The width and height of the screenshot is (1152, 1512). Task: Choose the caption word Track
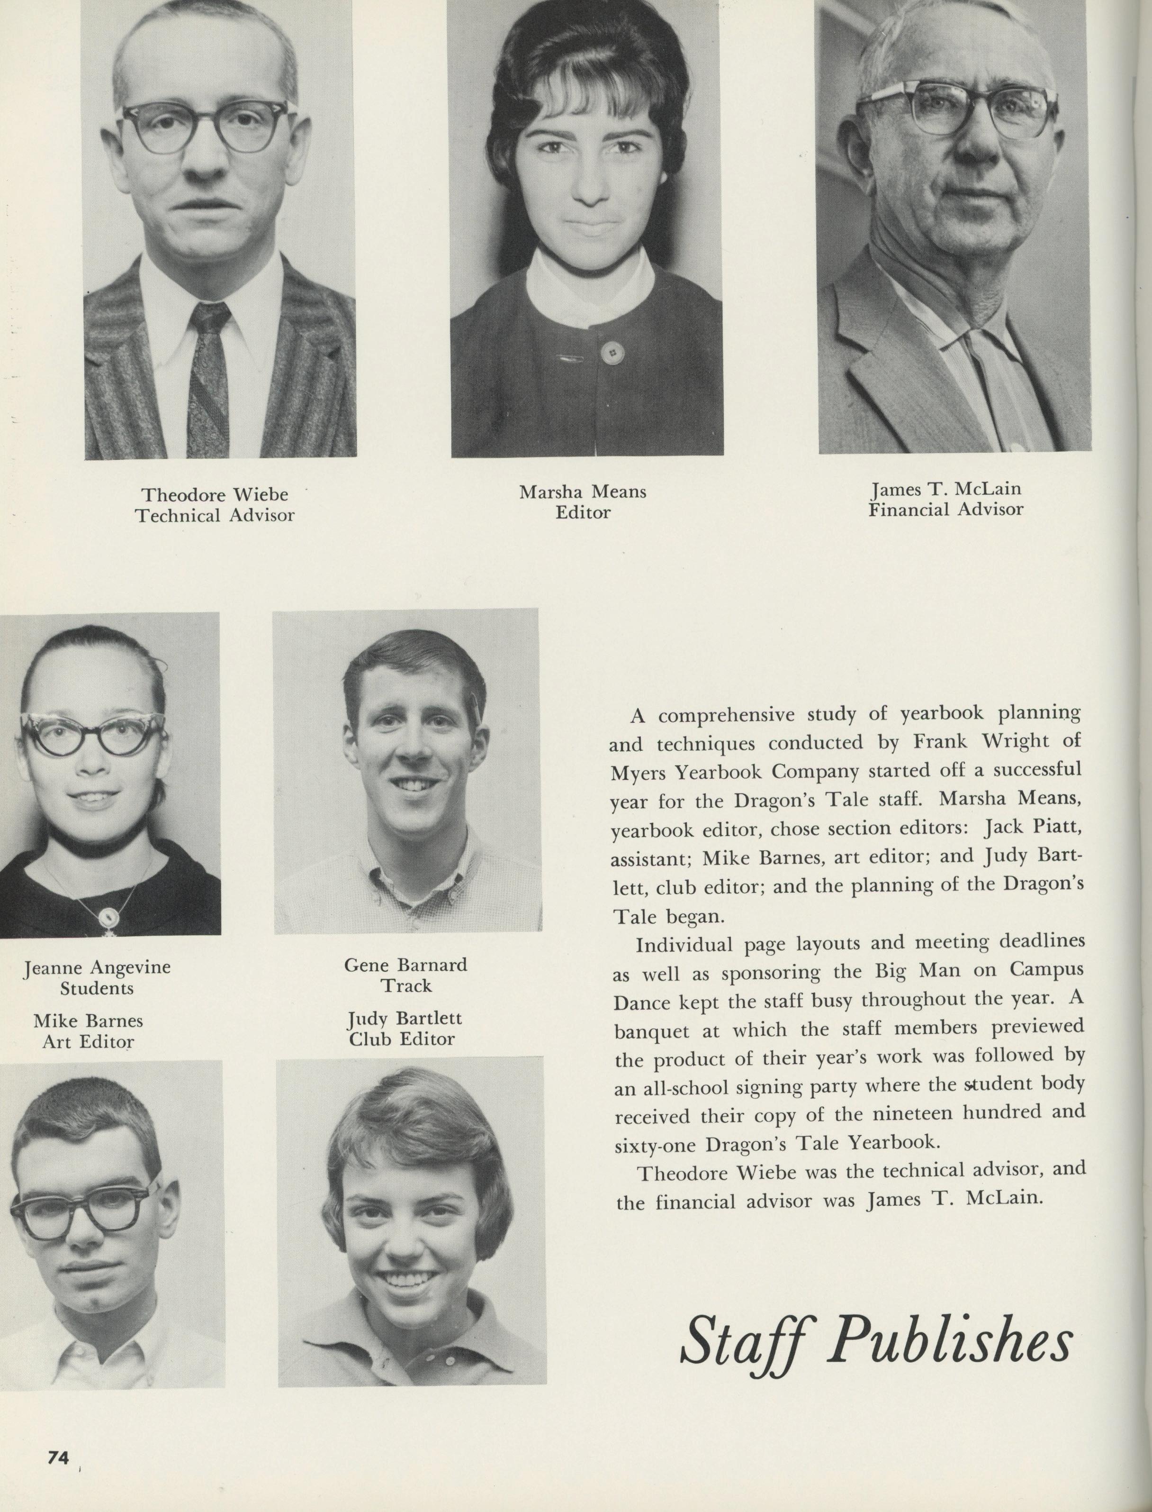coord(406,986)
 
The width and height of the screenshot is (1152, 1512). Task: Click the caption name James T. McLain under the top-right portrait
coord(945,489)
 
